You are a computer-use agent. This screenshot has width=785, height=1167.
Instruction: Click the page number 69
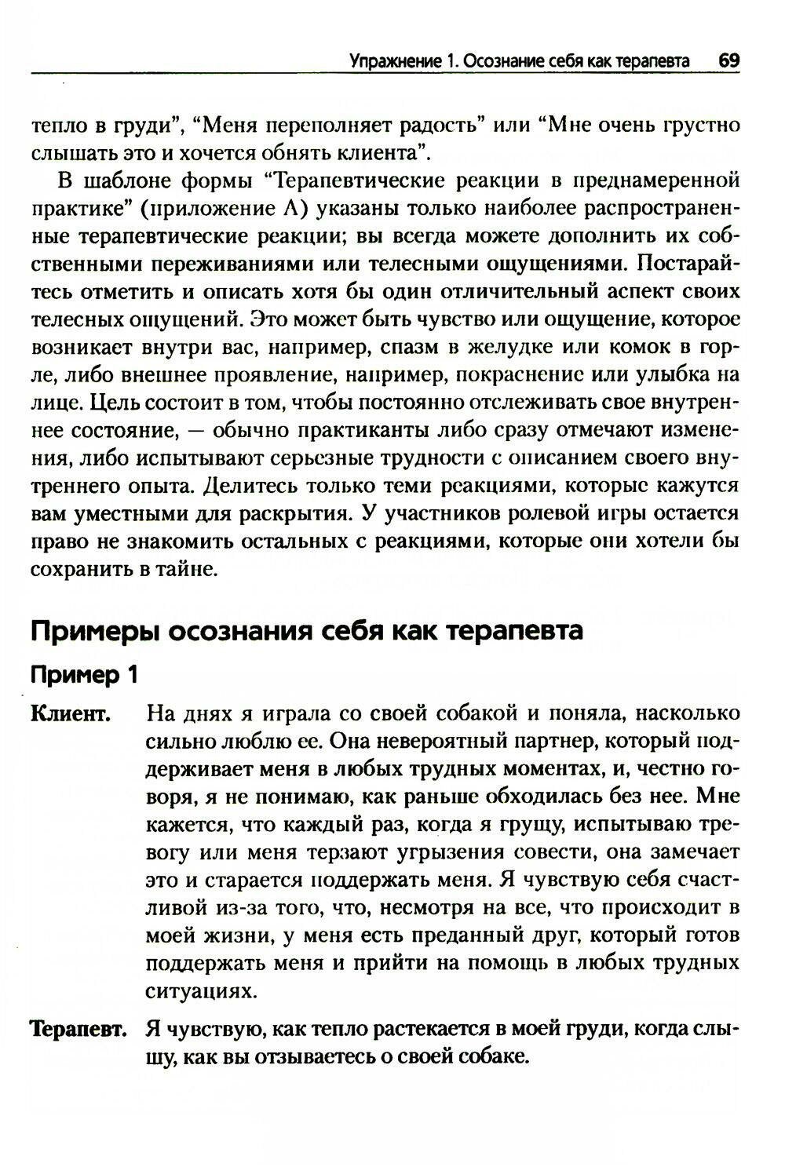point(728,61)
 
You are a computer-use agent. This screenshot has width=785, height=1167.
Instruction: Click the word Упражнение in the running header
point(385,61)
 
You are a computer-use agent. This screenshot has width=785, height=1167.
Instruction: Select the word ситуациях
point(201,991)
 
